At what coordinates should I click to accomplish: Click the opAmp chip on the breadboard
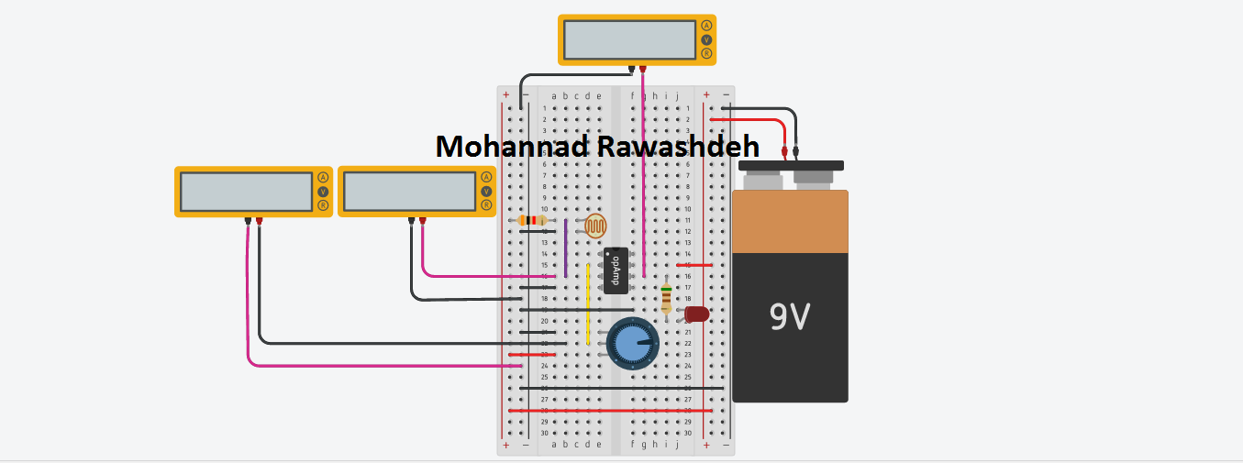616,270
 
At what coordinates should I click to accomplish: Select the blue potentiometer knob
632,344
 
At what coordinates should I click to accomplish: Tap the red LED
697,314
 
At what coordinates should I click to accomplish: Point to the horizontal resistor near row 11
531,220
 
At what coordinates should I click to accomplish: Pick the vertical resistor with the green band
666,298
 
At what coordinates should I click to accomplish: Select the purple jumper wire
566,248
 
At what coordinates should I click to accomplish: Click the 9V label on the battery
790,316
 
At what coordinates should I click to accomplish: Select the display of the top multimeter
629,39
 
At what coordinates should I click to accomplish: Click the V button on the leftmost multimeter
322,192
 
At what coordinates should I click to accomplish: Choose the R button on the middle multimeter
485,205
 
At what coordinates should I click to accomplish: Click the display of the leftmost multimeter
246,192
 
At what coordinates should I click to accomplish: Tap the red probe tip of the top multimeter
643,69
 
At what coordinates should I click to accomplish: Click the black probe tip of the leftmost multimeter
249,221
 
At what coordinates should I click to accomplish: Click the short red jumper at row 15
694,265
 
